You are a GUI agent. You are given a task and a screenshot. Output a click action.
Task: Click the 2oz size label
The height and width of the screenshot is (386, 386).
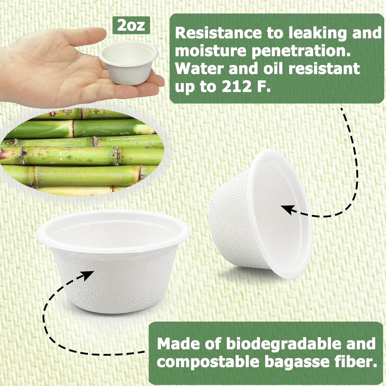(131, 25)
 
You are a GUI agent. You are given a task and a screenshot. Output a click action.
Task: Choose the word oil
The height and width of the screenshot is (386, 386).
(273, 69)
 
